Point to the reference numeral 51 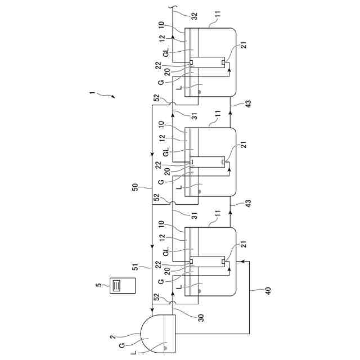pyautogui.click(x=136, y=267)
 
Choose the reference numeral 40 pyautogui.click(x=268, y=291)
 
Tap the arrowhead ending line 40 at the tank pyautogui.click(x=241, y=262)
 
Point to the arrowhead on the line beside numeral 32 pyautogui.click(x=172, y=35)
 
